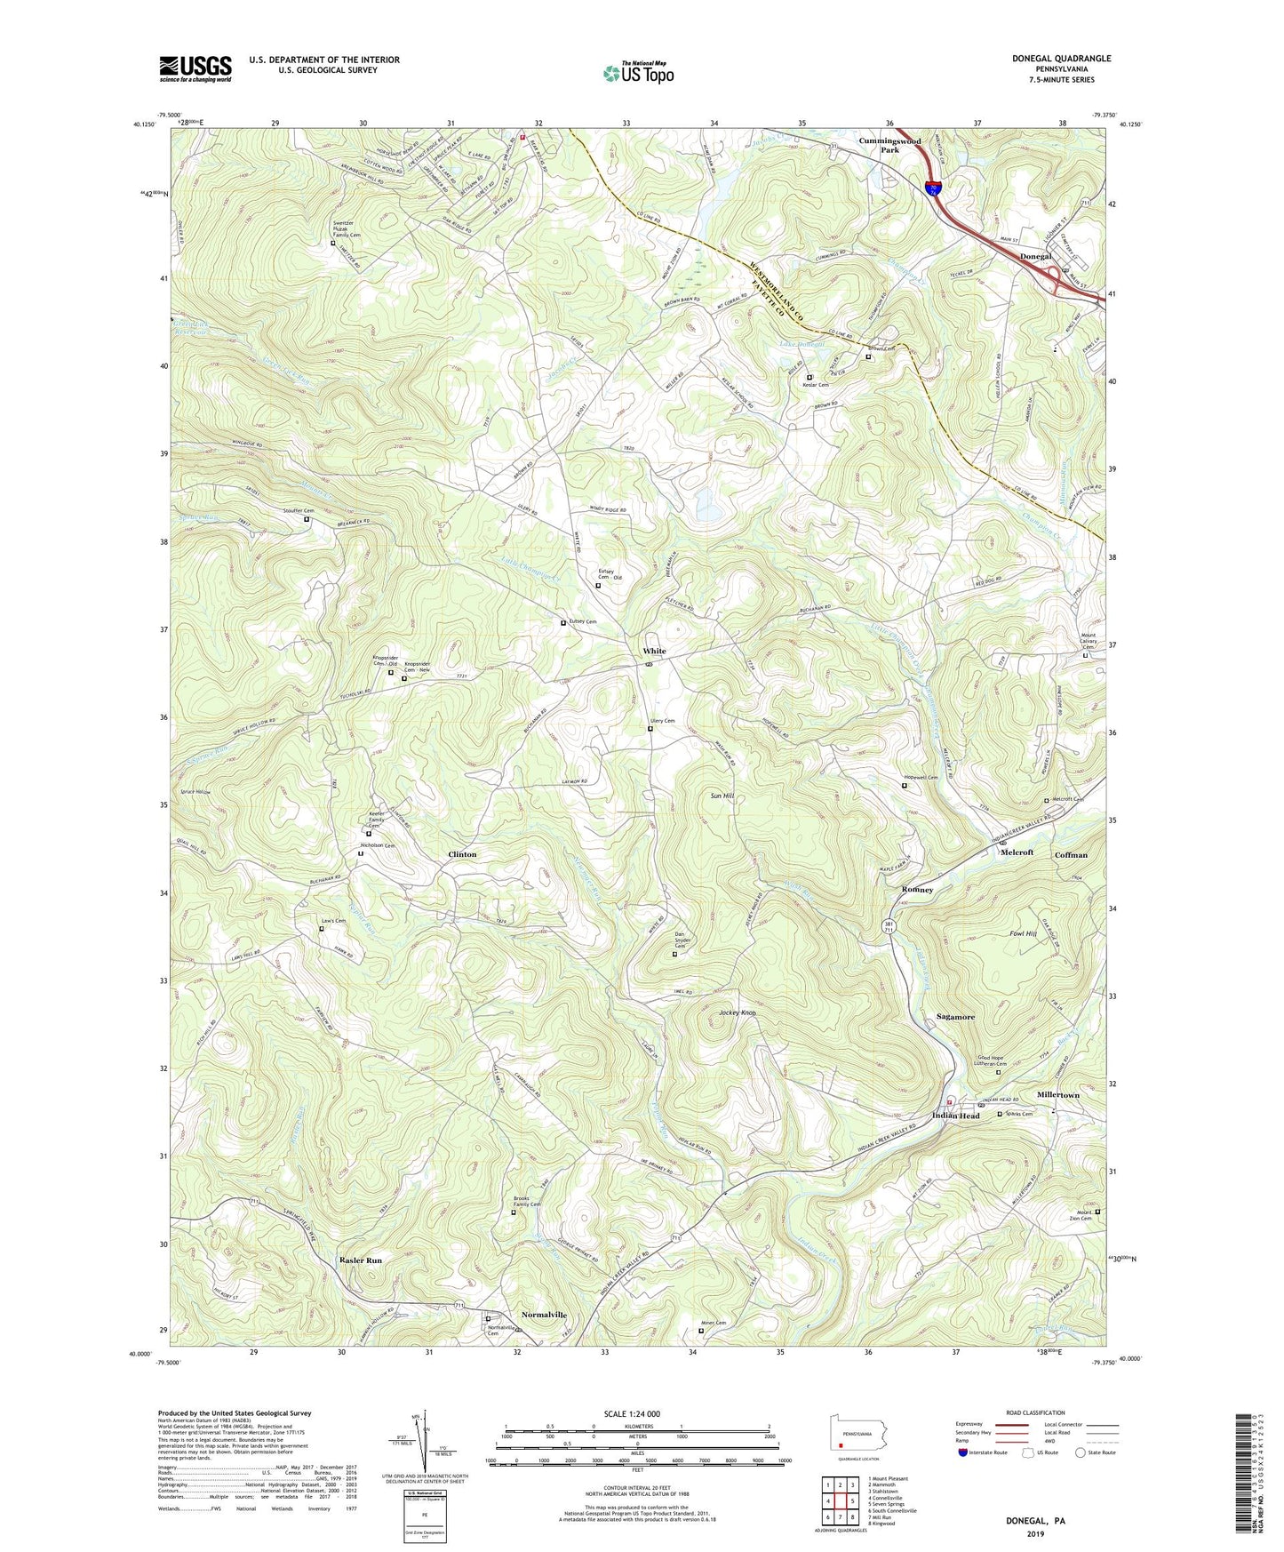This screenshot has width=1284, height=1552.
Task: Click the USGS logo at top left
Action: pyautogui.click(x=195, y=68)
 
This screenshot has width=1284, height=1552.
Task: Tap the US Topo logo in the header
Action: pyautogui.click(x=637, y=73)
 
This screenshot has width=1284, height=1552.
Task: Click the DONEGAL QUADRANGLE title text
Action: pyautogui.click(x=1061, y=59)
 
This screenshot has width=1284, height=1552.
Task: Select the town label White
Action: pyautogui.click(x=654, y=652)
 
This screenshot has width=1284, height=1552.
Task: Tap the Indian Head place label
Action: pyautogui.click(x=955, y=1116)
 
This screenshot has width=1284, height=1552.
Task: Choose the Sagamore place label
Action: pyautogui.click(x=955, y=1017)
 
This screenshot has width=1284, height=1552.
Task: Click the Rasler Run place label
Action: pyautogui.click(x=361, y=1260)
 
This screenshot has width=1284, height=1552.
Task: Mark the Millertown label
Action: pyautogui.click(x=1057, y=1095)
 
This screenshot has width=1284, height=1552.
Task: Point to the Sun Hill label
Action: pyautogui.click(x=722, y=796)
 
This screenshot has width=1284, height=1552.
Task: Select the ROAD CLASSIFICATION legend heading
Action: pyautogui.click(x=1037, y=1412)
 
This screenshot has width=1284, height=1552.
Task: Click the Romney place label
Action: pyautogui.click(x=917, y=890)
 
